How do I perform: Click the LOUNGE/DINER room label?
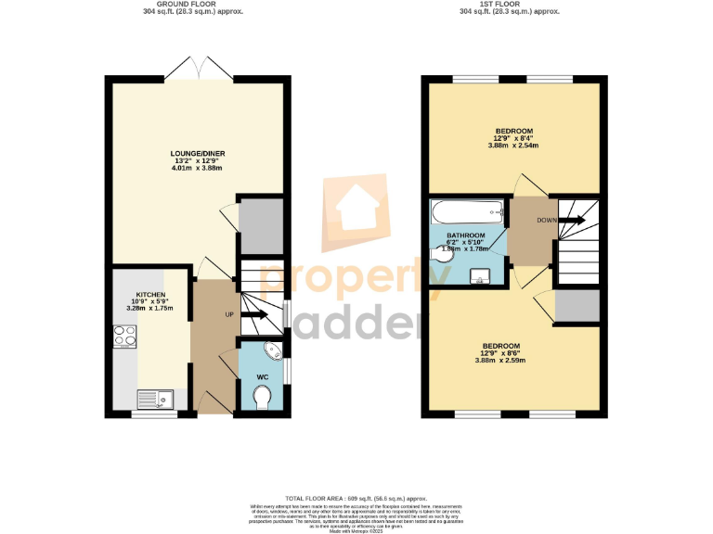coord(198,153)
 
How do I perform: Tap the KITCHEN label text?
coord(150,295)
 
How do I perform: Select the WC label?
coord(263,377)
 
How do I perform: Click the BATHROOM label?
coord(466,235)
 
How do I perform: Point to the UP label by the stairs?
coord(229,315)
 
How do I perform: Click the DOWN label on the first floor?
coord(547,221)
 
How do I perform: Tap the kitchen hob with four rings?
coord(123,337)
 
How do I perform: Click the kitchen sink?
coord(155,400)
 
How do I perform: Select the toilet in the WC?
coord(263,398)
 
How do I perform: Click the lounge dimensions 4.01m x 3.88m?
coord(198,168)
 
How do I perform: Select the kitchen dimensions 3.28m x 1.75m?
coord(150,310)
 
